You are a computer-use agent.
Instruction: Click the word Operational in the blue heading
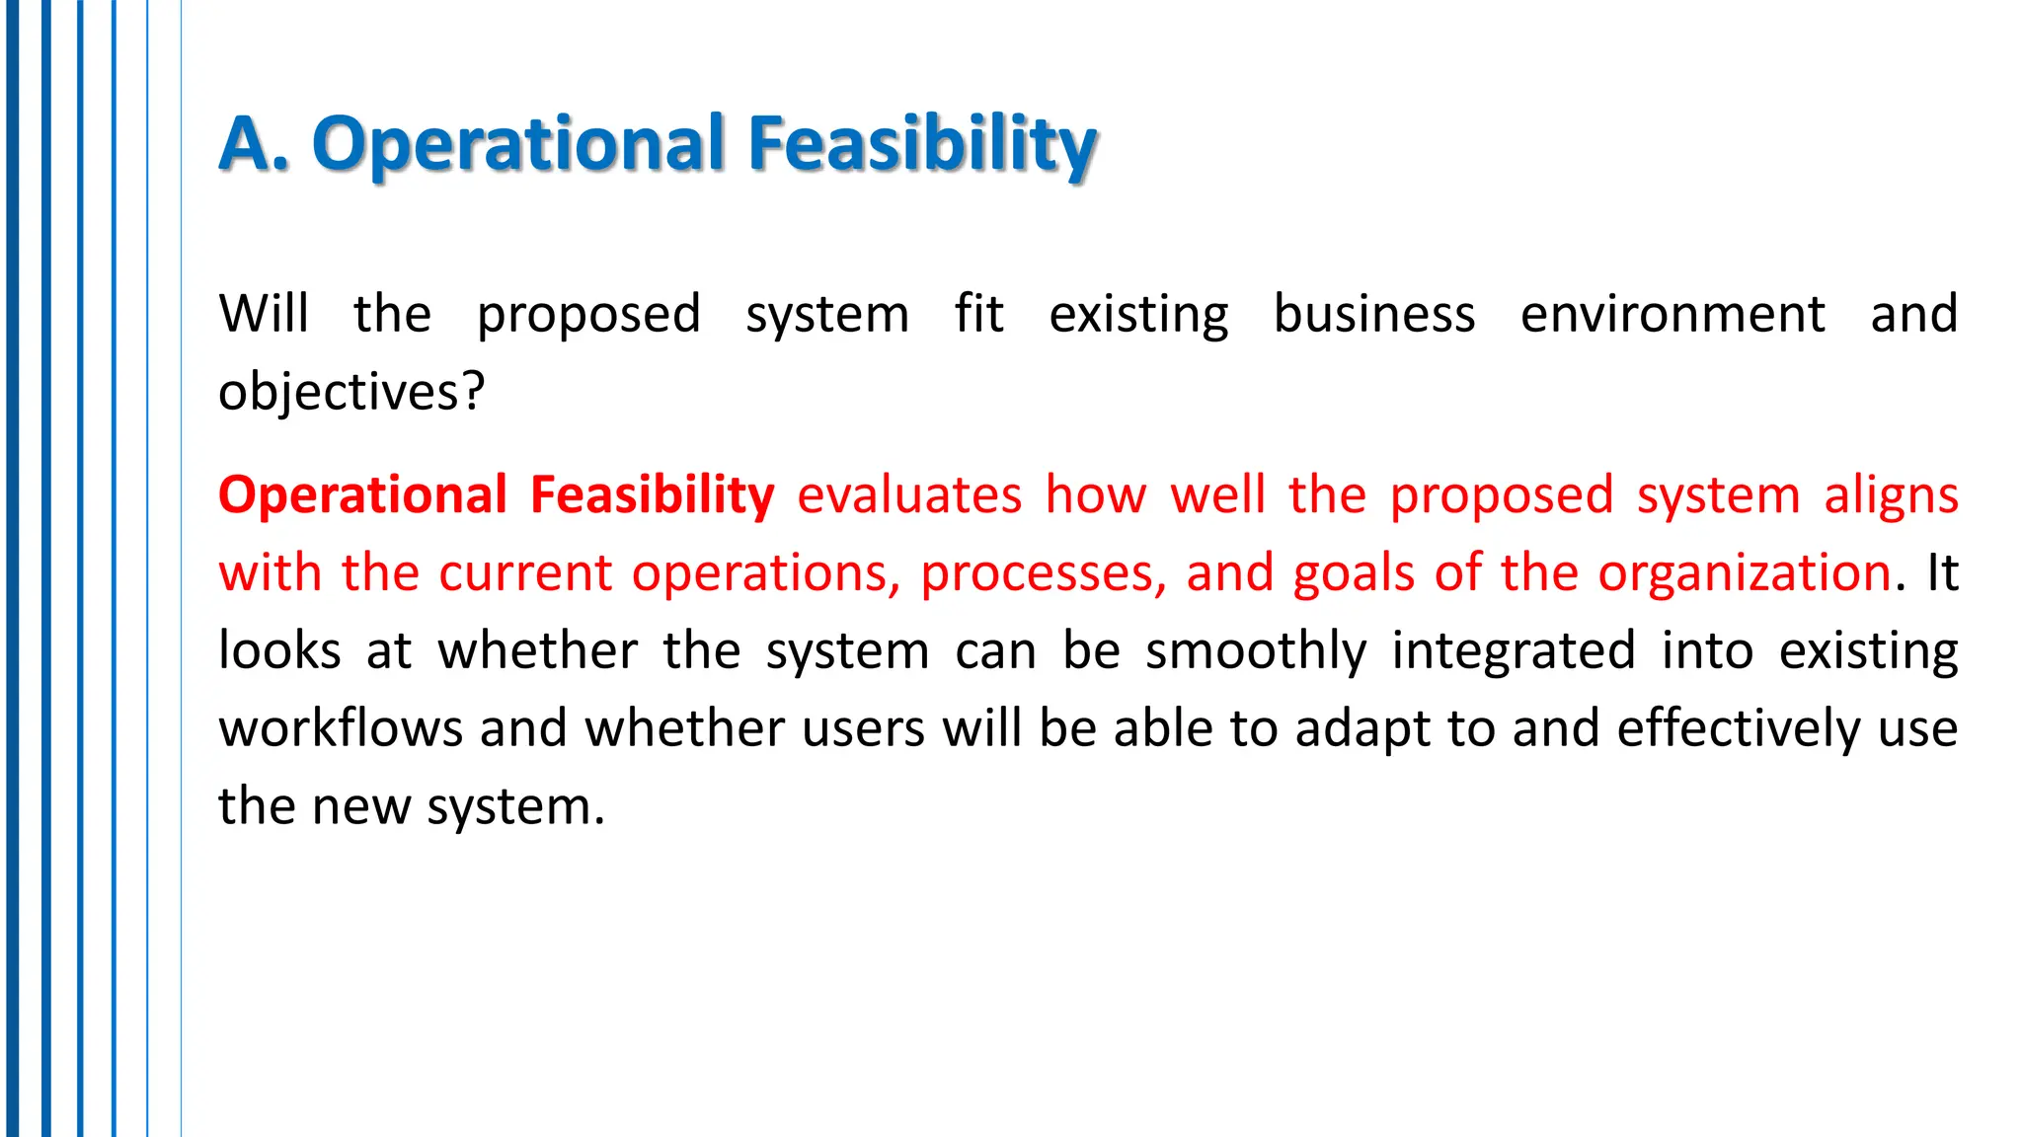click(x=519, y=144)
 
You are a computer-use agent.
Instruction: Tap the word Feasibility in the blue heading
click(x=922, y=144)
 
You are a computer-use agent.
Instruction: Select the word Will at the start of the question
click(x=264, y=314)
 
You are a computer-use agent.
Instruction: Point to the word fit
click(x=978, y=314)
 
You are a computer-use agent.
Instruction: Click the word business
click(x=1374, y=314)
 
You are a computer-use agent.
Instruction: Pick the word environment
click(x=1672, y=314)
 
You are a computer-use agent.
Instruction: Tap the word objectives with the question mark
click(x=351, y=392)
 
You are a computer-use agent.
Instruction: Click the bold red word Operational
click(x=362, y=494)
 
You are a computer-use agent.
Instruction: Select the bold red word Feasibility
click(x=652, y=494)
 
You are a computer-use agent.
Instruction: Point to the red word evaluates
click(x=909, y=494)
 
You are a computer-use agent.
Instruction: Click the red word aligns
click(x=1891, y=494)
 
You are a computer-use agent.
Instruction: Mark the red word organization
click(x=1745, y=572)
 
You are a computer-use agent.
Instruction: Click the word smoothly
click(x=1256, y=650)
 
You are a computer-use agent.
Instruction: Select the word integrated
click(x=1514, y=650)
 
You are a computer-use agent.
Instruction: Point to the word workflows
click(x=341, y=728)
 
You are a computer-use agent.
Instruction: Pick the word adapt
click(x=1361, y=728)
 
